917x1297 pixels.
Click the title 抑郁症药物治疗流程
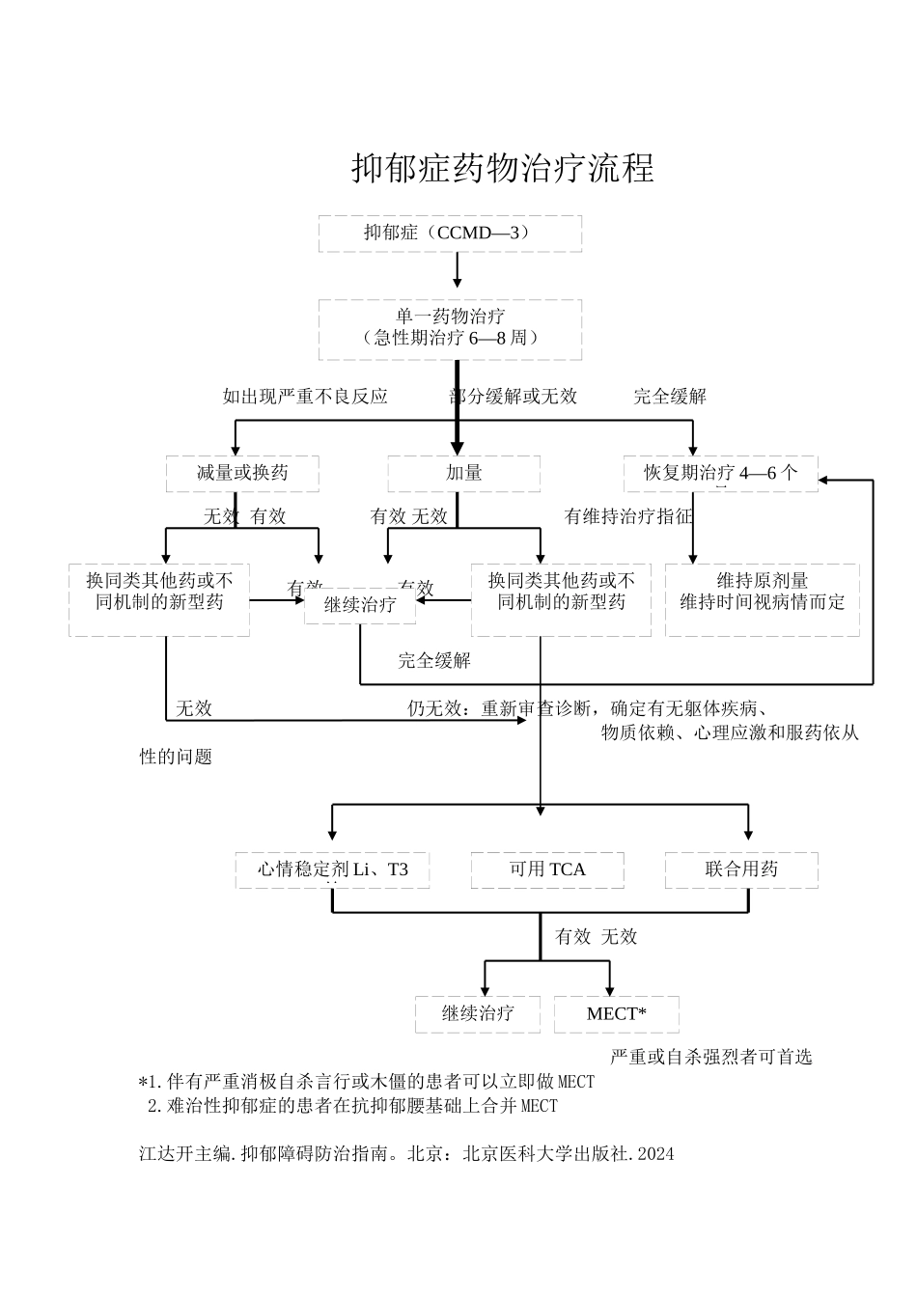(x=503, y=168)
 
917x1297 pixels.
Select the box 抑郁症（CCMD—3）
(x=450, y=234)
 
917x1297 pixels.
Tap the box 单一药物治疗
(x=450, y=328)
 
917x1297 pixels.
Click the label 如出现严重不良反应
(x=305, y=396)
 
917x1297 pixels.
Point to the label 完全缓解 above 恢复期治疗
(x=669, y=396)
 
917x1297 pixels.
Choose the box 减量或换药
(x=242, y=473)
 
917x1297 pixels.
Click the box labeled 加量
(x=463, y=473)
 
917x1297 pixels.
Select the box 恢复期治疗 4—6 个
(x=720, y=473)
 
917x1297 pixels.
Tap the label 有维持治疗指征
(x=628, y=516)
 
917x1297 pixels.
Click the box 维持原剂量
(x=762, y=599)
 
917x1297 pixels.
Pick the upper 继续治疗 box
(x=360, y=605)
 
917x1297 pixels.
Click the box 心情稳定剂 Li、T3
(x=332, y=869)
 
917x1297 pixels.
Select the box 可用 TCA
(x=547, y=869)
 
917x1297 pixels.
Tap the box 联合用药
(x=741, y=869)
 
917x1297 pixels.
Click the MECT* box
(x=616, y=1013)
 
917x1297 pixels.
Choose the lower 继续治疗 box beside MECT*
(x=478, y=1013)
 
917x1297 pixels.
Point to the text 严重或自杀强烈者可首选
(x=710, y=1057)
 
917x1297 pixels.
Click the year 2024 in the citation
(x=656, y=1153)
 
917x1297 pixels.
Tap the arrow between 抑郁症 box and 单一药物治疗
(x=458, y=271)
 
